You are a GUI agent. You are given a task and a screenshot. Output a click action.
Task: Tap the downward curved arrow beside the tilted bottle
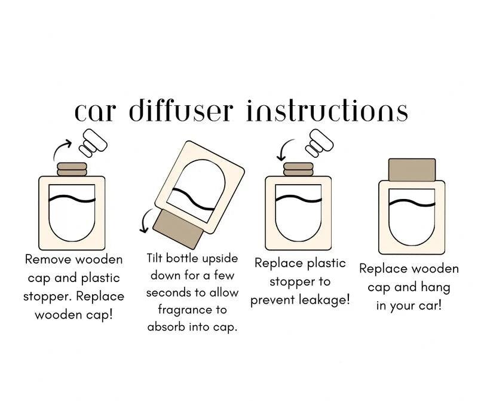(145, 223)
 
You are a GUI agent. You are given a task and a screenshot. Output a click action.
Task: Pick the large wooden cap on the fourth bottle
(412, 170)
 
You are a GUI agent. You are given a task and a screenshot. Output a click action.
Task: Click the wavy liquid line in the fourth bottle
(412, 203)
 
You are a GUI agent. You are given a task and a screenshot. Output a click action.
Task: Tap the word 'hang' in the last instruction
(436, 287)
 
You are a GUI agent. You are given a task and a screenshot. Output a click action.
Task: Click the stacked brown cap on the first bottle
(71, 168)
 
